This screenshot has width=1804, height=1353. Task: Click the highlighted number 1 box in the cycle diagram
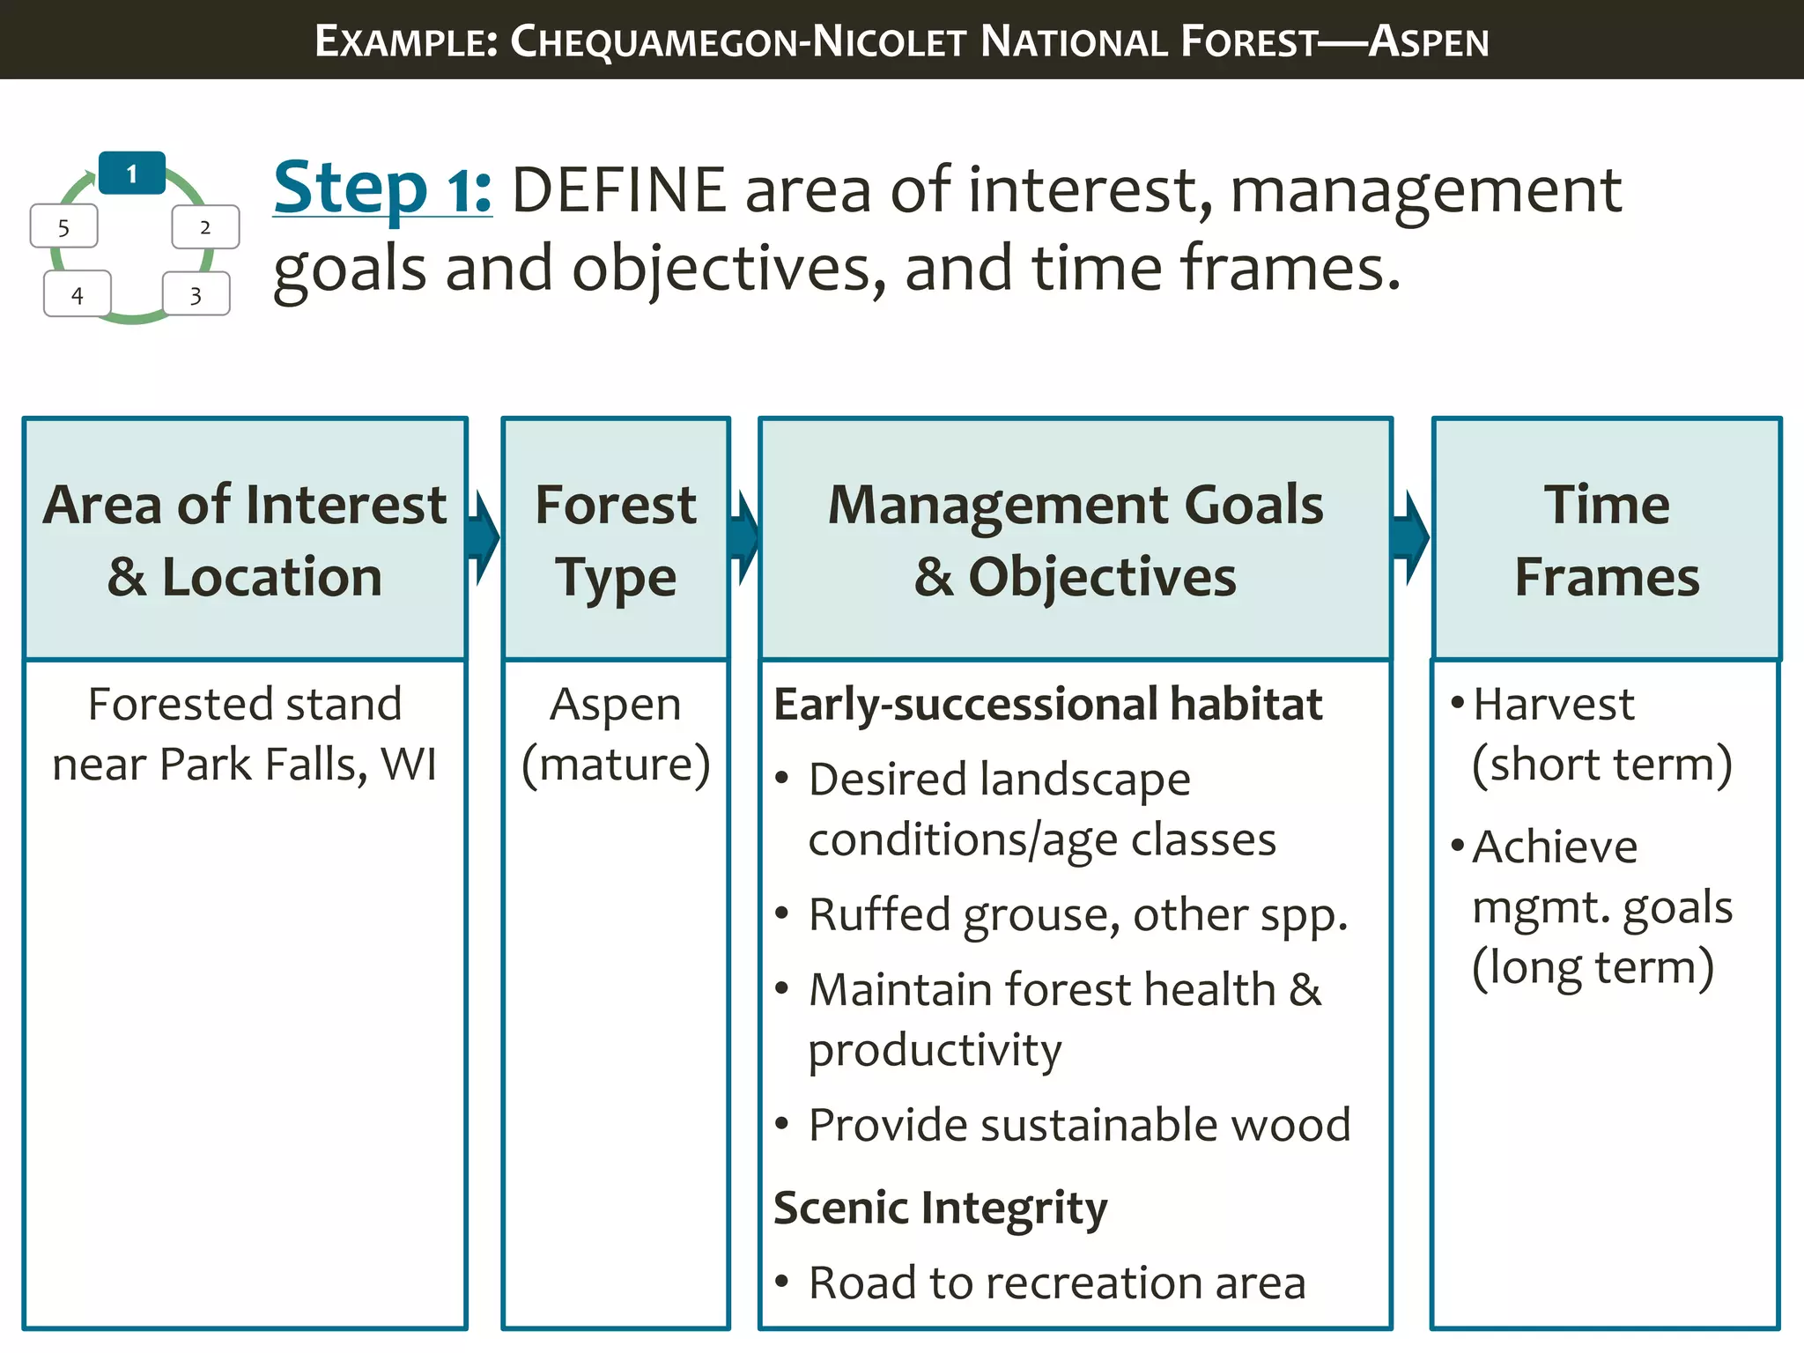click(x=132, y=174)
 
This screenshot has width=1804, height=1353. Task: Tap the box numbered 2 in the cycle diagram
click(x=205, y=227)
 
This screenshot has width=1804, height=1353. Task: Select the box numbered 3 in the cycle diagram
click(x=196, y=294)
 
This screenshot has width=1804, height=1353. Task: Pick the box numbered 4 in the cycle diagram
click(x=78, y=294)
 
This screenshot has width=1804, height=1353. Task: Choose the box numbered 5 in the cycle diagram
click(x=63, y=227)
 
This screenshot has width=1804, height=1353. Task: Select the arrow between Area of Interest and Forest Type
click(x=483, y=537)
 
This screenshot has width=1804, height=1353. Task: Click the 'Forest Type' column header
click(x=616, y=539)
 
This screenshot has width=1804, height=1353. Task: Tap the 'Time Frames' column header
click(x=1607, y=539)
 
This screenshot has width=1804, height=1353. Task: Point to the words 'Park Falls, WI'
click(x=298, y=764)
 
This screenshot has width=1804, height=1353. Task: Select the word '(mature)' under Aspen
click(x=616, y=764)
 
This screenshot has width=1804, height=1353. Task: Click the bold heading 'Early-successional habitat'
click(x=1047, y=705)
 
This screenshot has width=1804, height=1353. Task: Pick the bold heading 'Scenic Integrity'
click(x=940, y=1207)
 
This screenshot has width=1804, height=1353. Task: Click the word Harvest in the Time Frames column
click(x=1553, y=705)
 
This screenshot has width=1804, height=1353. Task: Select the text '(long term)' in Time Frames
click(x=1593, y=967)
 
